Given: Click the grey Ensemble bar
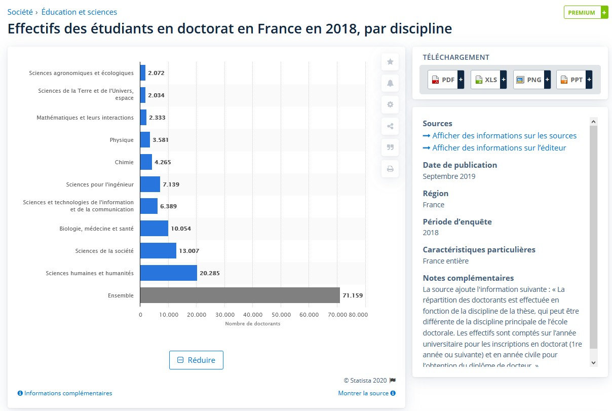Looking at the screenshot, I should (x=240, y=295).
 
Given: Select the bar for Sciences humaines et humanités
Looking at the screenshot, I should (x=168, y=273).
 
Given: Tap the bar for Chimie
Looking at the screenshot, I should (x=146, y=162).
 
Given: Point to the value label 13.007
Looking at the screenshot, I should (x=189, y=251).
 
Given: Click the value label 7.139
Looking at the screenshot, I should (x=171, y=184).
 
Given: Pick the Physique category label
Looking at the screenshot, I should (x=122, y=140).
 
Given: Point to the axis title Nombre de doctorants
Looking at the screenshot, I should (x=252, y=324).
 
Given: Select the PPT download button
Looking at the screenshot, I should (x=575, y=80).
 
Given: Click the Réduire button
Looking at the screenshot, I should (x=196, y=360).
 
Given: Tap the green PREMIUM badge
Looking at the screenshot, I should (x=585, y=13).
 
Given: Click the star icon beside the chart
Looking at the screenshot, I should (x=390, y=62).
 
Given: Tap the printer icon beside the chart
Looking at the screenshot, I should (x=390, y=169).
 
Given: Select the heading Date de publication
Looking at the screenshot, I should (x=460, y=165).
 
